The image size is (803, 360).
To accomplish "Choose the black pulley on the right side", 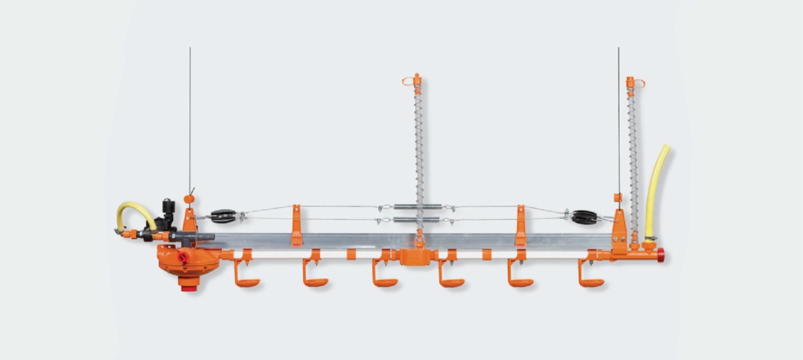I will (x=583, y=216).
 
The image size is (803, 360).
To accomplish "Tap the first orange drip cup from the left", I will (x=247, y=282).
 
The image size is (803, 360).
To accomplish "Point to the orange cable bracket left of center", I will (x=297, y=224).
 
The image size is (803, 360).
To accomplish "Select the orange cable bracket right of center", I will (x=521, y=224).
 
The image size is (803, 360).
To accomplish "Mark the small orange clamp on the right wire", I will (x=616, y=197).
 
